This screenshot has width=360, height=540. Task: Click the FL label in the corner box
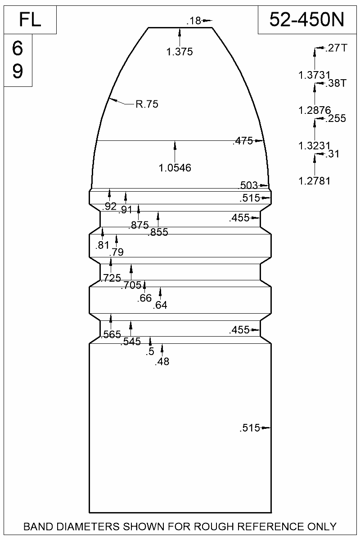coord(30,20)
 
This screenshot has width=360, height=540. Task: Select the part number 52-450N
coord(307,19)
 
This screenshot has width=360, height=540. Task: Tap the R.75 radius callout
coord(147,104)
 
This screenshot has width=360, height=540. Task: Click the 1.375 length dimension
coord(180,52)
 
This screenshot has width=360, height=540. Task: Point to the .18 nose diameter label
coord(193,21)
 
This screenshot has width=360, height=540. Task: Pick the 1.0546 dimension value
coord(175,168)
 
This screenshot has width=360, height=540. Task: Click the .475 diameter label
coord(243,141)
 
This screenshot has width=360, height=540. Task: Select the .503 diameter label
coord(248,185)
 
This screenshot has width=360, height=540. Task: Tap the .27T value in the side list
coord(336,48)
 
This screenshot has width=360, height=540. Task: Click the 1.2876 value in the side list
coord(315,110)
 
